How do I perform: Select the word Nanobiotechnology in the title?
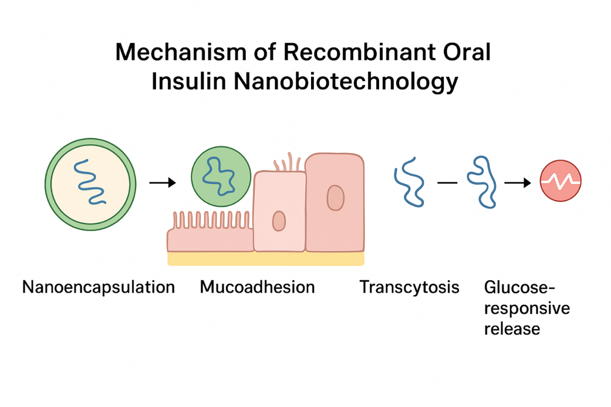pyautogui.click(x=346, y=82)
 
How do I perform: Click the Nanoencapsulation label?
pyautogui.click(x=99, y=287)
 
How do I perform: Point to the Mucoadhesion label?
pyautogui.click(x=257, y=287)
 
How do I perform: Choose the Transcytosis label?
pyautogui.click(x=409, y=287)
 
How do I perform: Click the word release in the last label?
pyautogui.click(x=512, y=328)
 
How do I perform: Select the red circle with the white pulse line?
pyautogui.click(x=561, y=181)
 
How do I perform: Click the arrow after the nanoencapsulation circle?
pyautogui.click(x=163, y=183)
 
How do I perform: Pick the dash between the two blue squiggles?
pyautogui.click(x=447, y=183)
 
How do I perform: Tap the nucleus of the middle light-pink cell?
pyautogui.click(x=279, y=221)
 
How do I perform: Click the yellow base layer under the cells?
pyautogui.click(x=265, y=258)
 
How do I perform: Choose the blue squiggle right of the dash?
pyautogui.click(x=481, y=181)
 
